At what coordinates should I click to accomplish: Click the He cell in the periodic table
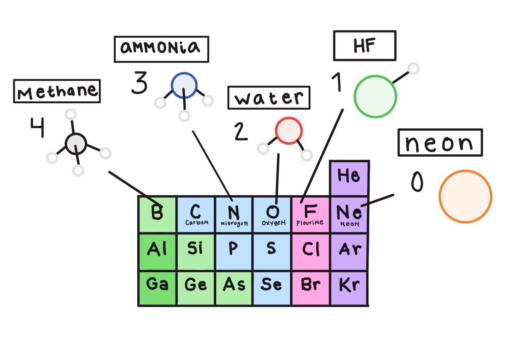tap(349, 178)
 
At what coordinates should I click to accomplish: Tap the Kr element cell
tap(349, 287)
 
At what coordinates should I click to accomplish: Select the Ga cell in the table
tap(157, 287)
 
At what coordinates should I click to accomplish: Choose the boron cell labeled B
tap(157, 214)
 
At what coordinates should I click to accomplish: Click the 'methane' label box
tap(57, 91)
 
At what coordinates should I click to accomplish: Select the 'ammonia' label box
tap(161, 49)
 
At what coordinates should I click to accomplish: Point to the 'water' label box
tap(269, 98)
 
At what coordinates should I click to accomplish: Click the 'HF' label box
tap(365, 46)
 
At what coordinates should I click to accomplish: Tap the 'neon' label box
tap(440, 143)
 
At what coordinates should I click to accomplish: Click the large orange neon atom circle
tap(465, 196)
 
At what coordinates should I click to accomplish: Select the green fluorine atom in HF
tap(375, 96)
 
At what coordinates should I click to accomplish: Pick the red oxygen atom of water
tap(289, 131)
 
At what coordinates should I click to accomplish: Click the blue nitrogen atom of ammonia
tap(184, 85)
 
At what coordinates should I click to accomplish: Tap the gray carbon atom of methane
tap(76, 144)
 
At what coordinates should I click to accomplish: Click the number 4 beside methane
tap(37, 127)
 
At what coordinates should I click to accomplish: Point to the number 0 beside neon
tap(417, 182)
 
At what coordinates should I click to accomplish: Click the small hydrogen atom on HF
tap(413, 69)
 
